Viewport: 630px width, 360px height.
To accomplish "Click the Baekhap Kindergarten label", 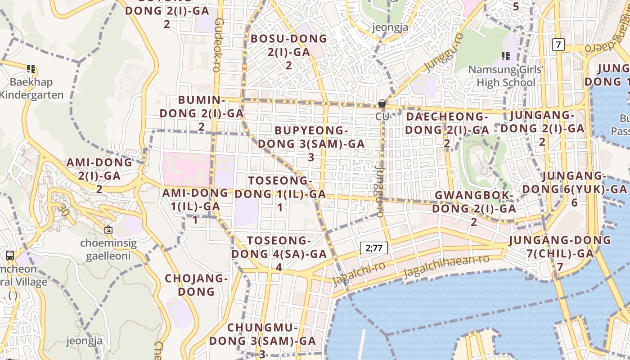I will [31, 88].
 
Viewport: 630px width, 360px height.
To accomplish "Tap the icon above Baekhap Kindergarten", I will [31, 69].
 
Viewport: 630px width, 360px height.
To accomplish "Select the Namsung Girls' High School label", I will [506, 76].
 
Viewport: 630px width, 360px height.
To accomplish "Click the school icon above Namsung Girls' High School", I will [506, 56].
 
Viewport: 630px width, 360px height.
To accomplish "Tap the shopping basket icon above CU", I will [382, 104].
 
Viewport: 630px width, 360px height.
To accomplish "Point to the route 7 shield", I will [558, 45].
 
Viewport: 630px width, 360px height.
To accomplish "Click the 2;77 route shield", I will [373, 247].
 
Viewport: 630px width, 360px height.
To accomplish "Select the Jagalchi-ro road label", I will [359, 272].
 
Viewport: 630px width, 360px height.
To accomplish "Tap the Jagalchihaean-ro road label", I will [446, 266].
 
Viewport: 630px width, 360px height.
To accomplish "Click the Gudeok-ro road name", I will [218, 45].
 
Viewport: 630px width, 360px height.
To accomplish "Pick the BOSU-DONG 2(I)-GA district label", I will [289, 52].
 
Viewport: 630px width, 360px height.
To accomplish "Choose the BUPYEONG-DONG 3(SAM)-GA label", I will [311, 144].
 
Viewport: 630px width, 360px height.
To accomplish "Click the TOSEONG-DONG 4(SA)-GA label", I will [279, 253].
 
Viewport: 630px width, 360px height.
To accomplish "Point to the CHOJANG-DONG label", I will [196, 284].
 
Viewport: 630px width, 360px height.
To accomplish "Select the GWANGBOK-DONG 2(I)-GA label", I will [474, 208].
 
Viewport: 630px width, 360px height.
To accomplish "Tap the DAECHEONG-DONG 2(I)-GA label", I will [447, 130].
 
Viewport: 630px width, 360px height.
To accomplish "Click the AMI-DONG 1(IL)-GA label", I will [195, 206].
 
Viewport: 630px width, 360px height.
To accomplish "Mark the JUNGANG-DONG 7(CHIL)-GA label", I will [560, 253].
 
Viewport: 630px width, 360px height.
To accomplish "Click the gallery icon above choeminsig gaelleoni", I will [108, 229].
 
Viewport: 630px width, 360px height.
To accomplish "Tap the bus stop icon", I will [10, 255].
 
